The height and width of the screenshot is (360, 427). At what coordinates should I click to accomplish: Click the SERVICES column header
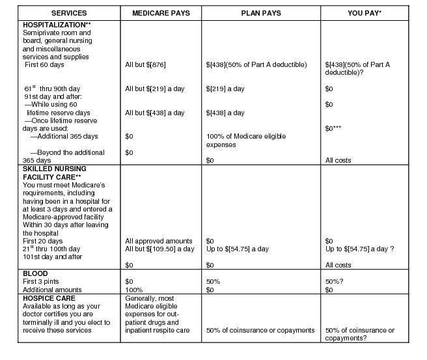pos(68,13)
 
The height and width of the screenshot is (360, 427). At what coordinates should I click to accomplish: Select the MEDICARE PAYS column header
pos(161,13)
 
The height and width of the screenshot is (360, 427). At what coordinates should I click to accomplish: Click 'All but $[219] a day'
pos(155,89)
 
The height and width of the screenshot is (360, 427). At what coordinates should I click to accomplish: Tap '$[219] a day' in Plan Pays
pos(225,89)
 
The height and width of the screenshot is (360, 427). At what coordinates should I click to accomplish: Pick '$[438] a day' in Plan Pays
pos(225,113)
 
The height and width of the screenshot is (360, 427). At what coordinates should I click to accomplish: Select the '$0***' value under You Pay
pos(335,128)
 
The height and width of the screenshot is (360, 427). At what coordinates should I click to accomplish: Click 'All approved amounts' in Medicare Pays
pos(158,241)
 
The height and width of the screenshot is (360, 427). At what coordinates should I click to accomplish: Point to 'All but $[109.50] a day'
pos(159,249)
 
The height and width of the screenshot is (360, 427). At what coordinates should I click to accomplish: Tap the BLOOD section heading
pos(35,273)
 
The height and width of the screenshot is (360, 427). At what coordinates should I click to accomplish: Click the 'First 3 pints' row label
pos(42,281)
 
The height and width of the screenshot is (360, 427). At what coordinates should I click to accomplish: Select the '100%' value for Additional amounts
pos(133,289)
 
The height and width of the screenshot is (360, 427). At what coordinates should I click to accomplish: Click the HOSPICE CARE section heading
pos(49,298)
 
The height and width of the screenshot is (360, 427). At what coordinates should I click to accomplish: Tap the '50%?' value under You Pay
pos(335,281)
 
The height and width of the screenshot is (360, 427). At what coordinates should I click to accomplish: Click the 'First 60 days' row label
pos(45,64)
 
